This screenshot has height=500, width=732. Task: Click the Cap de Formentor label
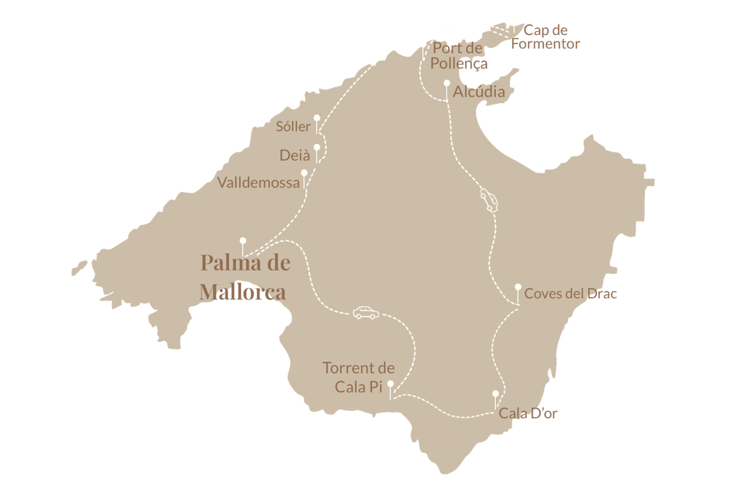(x=545, y=37)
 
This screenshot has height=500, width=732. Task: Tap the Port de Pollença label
(x=459, y=56)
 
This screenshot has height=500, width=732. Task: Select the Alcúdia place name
(x=479, y=92)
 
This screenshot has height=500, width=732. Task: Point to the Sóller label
(x=293, y=126)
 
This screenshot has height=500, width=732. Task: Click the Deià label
(x=294, y=155)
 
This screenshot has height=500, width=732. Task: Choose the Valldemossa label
(x=258, y=183)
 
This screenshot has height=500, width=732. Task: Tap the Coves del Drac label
(x=570, y=294)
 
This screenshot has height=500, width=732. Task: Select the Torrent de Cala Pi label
(x=359, y=377)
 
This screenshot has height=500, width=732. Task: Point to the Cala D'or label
(x=527, y=413)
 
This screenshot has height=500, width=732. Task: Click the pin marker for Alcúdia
(x=446, y=83)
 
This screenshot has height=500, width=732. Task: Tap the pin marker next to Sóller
(x=317, y=118)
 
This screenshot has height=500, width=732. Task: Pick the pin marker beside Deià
(x=317, y=147)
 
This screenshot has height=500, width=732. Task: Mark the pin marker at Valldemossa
(x=304, y=173)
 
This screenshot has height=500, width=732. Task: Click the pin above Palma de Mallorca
(x=242, y=241)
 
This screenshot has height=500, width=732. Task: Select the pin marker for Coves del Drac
(x=517, y=287)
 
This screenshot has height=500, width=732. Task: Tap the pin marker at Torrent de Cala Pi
(x=390, y=384)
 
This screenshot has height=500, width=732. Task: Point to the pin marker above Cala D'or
(x=495, y=394)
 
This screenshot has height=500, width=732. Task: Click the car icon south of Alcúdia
(x=489, y=201)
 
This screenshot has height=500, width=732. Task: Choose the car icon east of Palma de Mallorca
(x=365, y=312)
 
